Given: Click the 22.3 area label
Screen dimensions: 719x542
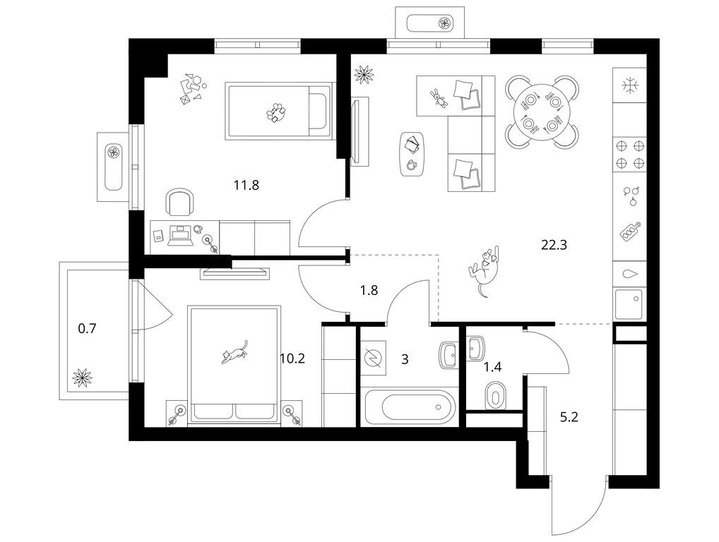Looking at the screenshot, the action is click(554, 245).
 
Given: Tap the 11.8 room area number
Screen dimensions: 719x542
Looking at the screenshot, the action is click(246, 186).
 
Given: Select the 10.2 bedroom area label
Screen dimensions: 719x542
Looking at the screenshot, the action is click(292, 359).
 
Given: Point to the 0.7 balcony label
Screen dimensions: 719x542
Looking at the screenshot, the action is click(87, 328).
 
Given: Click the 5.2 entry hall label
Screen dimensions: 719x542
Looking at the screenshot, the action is click(569, 417).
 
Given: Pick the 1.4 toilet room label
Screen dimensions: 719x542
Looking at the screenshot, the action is click(493, 366).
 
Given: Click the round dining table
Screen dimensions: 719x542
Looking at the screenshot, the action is click(542, 112).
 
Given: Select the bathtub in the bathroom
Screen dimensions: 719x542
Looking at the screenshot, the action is click(410, 406).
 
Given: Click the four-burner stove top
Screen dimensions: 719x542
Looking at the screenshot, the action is click(629, 155).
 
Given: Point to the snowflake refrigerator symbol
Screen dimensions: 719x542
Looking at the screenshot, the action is click(630, 85).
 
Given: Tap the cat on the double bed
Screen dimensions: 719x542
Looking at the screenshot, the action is click(234, 352).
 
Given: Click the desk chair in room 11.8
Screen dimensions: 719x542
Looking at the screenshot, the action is click(179, 202).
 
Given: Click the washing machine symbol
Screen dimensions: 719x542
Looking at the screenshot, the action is click(373, 358).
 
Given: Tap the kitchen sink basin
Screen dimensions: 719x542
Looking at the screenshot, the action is click(629, 303).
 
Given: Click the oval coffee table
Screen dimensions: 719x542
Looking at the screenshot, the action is click(412, 154).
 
